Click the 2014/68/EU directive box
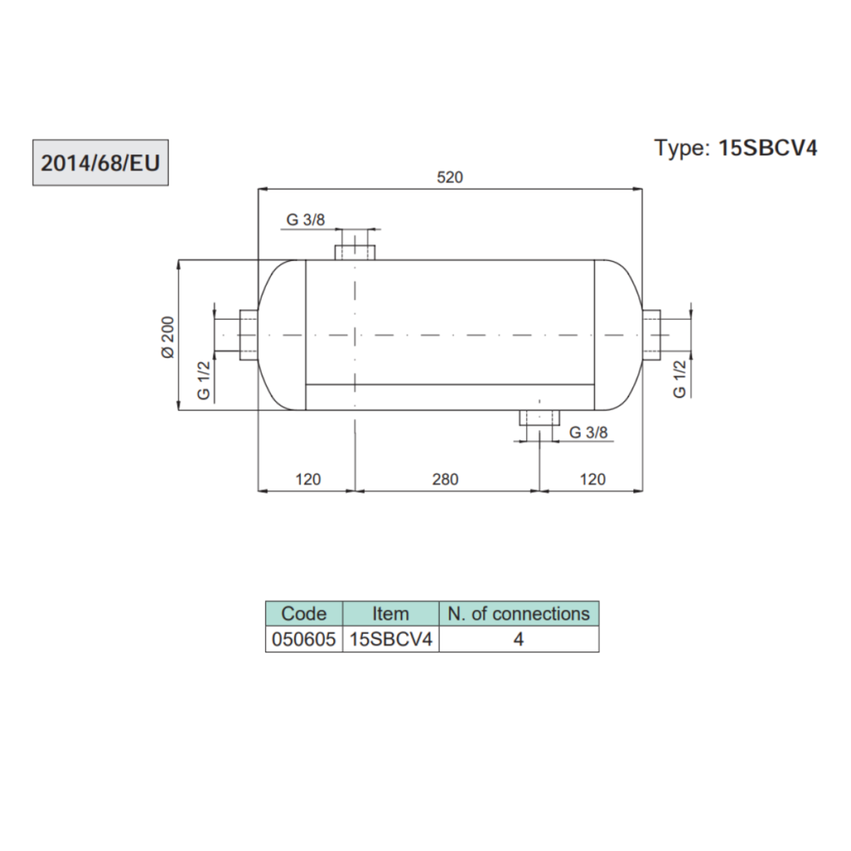101,163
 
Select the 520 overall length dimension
450,176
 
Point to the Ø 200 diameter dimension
169,337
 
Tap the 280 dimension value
445,480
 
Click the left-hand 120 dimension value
307,480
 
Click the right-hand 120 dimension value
593,480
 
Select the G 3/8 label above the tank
306,220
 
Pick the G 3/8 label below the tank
588,432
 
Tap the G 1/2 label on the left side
204,381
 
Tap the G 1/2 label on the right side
680,379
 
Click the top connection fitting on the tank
356,251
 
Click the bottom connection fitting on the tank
539,417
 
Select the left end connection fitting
248,335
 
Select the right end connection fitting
652,335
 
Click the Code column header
304,614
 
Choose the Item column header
390,614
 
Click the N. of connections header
519,614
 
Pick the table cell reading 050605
304,639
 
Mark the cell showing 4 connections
519,639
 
